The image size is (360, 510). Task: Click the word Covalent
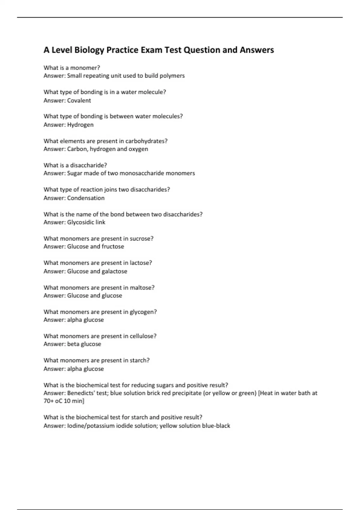tap(79, 100)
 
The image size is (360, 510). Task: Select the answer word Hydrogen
tap(80, 125)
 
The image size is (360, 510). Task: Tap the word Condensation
tap(86, 198)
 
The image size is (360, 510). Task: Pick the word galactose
tap(114, 271)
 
